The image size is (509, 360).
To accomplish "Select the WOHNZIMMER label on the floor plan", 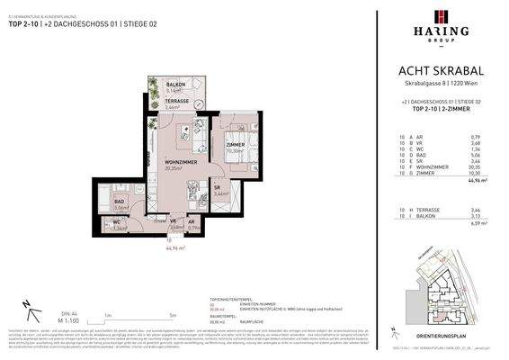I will (x=180, y=162).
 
